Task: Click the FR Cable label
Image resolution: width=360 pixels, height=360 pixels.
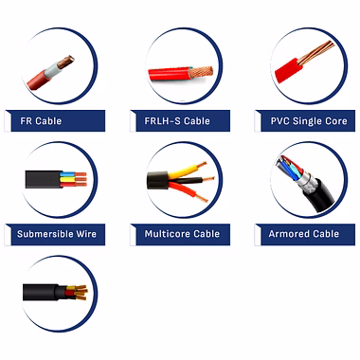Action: tap(41, 121)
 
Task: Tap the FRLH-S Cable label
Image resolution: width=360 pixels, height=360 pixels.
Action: tap(177, 121)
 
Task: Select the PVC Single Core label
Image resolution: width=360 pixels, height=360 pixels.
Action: tap(309, 121)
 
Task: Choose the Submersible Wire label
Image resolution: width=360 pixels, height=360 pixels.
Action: tap(57, 234)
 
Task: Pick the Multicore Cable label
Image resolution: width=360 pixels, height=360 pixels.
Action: tap(182, 234)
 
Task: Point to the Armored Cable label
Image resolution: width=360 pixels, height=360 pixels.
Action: tap(304, 234)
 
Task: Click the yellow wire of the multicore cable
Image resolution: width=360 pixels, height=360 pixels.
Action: tap(184, 171)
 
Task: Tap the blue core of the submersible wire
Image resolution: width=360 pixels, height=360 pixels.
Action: tap(68, 174)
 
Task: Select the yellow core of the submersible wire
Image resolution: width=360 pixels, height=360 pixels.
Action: tap(68, 179)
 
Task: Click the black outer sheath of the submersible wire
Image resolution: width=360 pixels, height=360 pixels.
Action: tap(44, 179)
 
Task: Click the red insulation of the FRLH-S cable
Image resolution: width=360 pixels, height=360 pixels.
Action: tap(169, 74)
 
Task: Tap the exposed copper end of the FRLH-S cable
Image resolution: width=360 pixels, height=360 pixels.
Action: tap(202, 72)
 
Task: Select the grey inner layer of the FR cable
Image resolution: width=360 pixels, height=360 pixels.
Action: tap(53, 70)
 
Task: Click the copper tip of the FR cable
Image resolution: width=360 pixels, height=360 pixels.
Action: tap(65, 61)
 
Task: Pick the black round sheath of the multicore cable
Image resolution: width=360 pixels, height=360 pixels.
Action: tap(157, 180)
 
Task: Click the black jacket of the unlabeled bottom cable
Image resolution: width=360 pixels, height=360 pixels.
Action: tap(42, 292)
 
